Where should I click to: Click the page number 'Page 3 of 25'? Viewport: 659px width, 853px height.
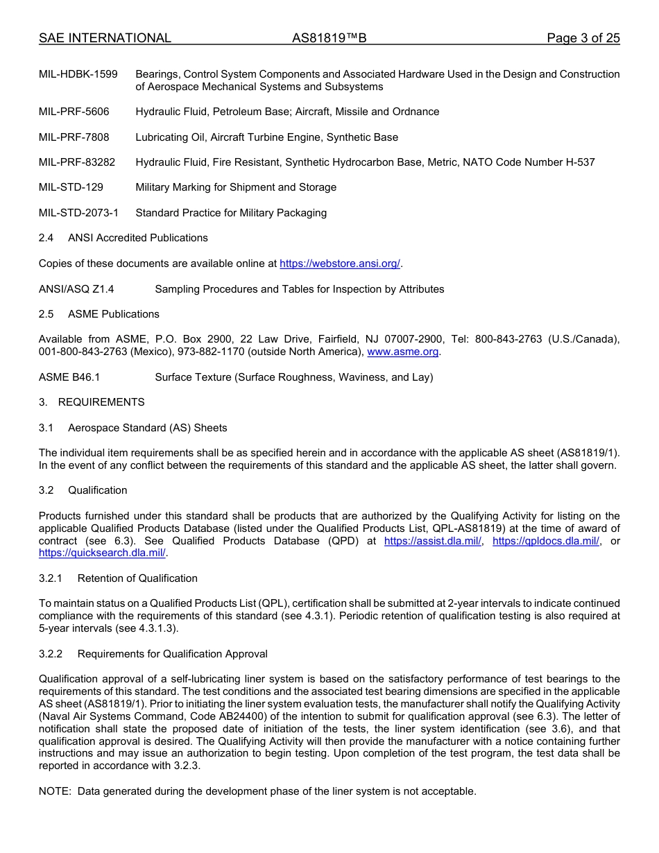583,38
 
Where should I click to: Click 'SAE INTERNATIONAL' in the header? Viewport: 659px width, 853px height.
105,38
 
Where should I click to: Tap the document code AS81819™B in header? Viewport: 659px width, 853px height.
329,38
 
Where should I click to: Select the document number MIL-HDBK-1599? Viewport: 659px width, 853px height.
78,74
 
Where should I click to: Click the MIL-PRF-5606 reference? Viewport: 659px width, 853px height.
74,112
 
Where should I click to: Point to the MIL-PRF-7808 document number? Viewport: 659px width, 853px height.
74,137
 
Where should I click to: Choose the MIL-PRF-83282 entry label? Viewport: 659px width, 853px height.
77,162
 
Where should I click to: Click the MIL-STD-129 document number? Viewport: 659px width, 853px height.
71,187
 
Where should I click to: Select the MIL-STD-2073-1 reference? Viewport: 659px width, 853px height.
78,213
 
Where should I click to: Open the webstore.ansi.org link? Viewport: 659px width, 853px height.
340,264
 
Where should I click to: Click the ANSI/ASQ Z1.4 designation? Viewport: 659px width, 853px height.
76,289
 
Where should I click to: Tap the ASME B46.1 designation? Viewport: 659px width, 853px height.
69,377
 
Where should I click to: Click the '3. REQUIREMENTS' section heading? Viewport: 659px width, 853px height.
92,402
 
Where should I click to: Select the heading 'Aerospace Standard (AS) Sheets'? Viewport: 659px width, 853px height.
147,428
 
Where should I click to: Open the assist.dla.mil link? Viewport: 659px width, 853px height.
432,541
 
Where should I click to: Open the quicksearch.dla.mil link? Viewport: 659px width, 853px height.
102,553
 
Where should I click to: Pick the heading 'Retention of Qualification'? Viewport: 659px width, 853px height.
137,578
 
